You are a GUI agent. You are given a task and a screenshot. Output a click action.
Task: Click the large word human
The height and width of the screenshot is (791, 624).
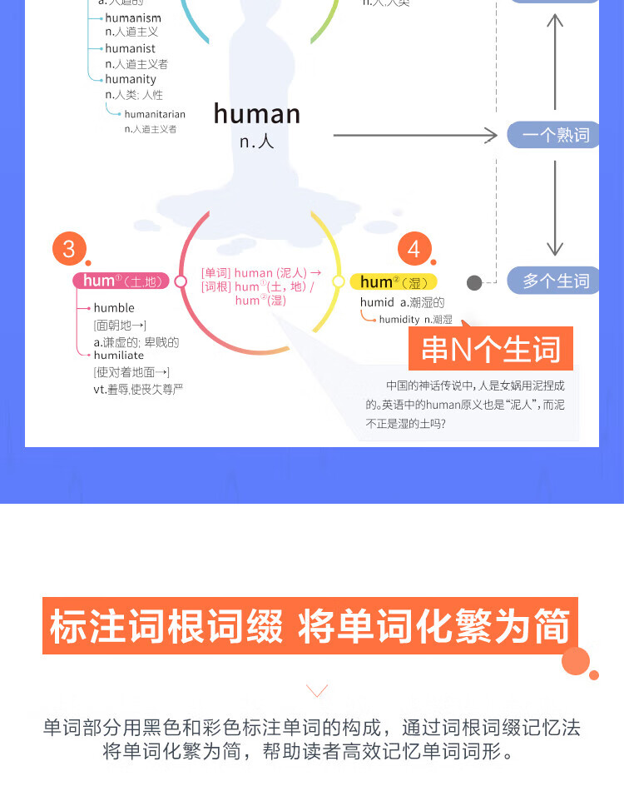[x=257, y=114]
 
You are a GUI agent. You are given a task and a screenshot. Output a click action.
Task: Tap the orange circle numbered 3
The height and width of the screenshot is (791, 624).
[x=69, y=248]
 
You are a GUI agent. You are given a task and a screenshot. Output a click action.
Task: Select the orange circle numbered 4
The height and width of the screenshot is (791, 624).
[x=414, y=249]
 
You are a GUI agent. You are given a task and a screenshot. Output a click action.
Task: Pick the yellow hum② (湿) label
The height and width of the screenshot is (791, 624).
[x=393, y=282]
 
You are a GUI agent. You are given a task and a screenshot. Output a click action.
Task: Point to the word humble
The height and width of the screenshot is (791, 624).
[x=114, y=308]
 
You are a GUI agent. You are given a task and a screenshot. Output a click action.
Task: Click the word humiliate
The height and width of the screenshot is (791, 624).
[x=119, y=356]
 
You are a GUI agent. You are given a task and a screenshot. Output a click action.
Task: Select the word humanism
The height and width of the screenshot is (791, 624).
[x=133, y=18]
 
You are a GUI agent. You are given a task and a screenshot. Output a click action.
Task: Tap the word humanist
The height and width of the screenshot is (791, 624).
[x=131, y=49]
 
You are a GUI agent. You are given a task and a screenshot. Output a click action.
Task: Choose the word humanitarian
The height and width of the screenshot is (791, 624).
[x=155, y=115]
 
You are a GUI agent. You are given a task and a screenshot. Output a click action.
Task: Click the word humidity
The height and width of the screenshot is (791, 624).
[x=399, y=320]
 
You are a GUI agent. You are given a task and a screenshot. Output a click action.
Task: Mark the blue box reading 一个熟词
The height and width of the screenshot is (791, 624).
[x=555, y=135]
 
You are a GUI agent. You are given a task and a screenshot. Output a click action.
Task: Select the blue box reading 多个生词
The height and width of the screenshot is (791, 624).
[x=555, y=281]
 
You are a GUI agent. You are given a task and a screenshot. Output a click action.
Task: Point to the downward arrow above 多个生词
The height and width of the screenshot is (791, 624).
[x=555, y=208]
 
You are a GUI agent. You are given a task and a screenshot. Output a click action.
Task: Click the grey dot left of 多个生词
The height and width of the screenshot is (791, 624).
[x=474, y=283]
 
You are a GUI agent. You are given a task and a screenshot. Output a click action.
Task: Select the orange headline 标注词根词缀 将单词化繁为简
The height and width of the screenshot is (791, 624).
[x=310, y=626]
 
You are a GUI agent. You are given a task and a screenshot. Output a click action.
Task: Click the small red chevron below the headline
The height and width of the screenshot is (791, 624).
[x=317, y=690]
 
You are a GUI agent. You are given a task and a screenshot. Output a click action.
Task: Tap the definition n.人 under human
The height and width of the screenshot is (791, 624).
[x=257, y=142]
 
